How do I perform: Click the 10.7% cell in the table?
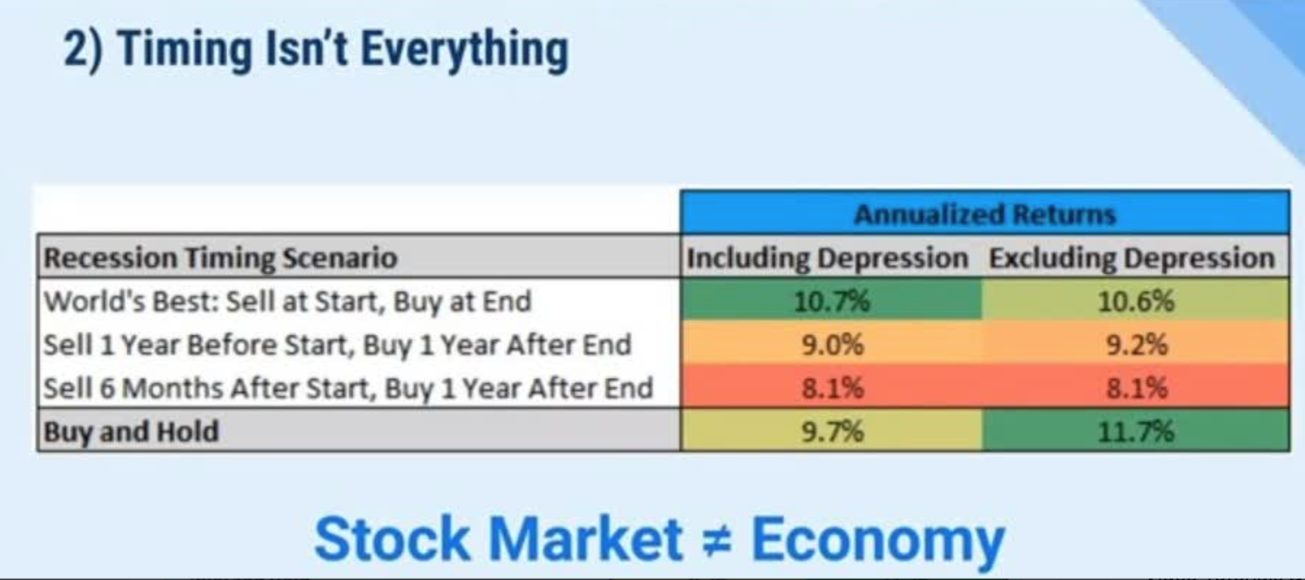coord(832,301)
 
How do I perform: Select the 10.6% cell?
coord(1135,301)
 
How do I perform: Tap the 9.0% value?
coord(832,344)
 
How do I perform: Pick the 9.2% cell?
coord(1136,344)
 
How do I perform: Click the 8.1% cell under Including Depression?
coord(832,388)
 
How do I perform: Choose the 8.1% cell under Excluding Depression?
coord(1136,388)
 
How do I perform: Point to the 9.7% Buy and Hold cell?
coord(832,431)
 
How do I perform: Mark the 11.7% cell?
coord(1135,431)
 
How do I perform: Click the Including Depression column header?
coord(827,258)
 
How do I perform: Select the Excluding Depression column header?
coord(1132,258)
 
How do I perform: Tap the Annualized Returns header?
coord(985,214)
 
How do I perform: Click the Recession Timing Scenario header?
coord(220,258)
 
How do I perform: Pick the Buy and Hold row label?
coord(130,431)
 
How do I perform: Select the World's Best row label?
coord(288,301)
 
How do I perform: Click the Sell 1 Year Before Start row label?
coord(337,344)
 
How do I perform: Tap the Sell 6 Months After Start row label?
coord(348,388)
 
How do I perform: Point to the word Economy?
coord(878,539)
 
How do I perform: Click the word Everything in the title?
coord(465,49)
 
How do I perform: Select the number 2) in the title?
coord(83,49)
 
